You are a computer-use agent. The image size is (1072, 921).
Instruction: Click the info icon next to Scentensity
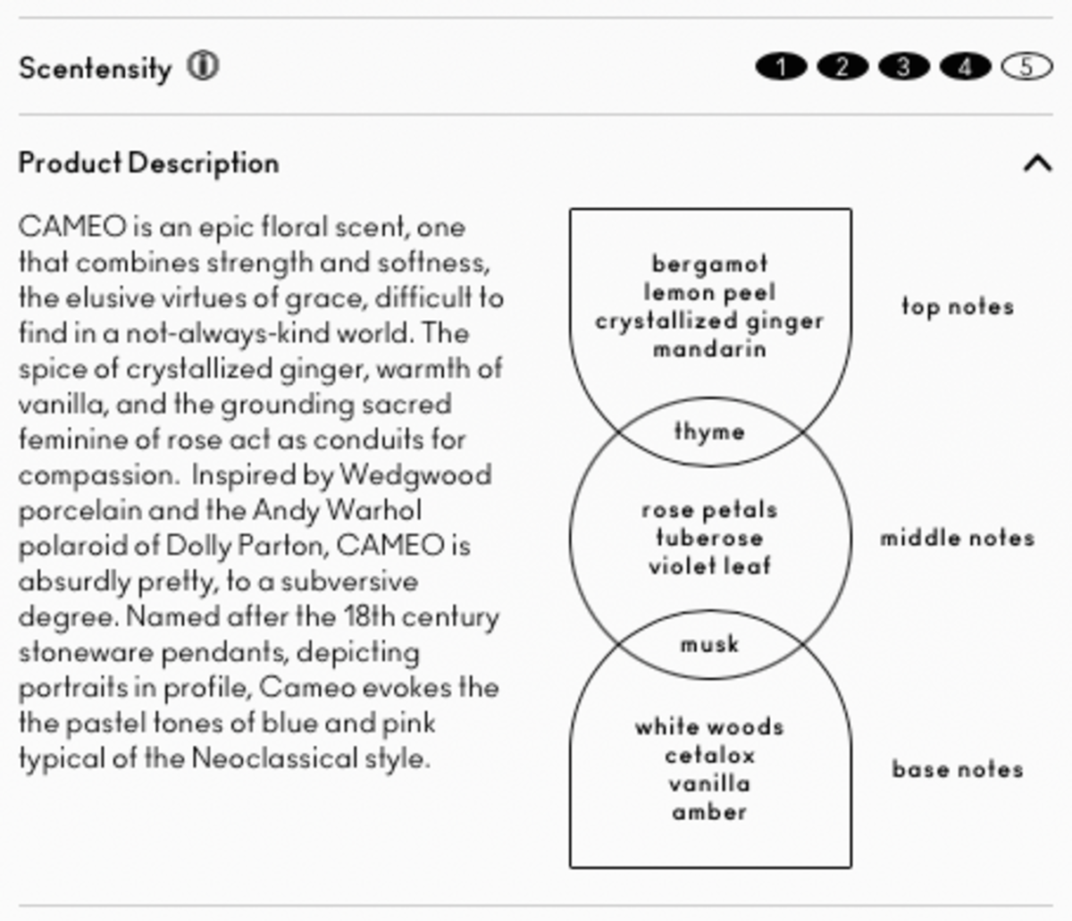click(x=203, y=66)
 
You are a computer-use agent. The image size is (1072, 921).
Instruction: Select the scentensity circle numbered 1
click(x=781, y=67)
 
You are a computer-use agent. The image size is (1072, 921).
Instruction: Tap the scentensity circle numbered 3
click(x=903, y=67)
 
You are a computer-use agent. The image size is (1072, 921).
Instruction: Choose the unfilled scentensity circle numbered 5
click(x=1026, y=67)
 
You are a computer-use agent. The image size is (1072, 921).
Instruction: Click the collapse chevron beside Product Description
click(x=1036, y=163)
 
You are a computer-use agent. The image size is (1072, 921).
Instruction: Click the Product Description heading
click(x=148, y=163)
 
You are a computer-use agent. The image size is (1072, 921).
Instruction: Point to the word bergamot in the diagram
click(x=709, y=264)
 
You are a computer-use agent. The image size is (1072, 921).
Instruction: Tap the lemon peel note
click(x=709, y=293)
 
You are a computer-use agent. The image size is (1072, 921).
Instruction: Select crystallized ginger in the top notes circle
click(x=709, y=322)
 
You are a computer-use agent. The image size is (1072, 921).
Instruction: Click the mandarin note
click(x=709, y=349)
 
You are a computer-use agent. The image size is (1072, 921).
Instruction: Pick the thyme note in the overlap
click(x=709, y=432)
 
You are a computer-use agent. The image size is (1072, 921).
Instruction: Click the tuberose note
click(x=709, y=539)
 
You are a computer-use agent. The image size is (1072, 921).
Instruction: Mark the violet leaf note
click(x=709, y=566)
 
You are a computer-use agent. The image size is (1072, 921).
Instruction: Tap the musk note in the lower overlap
click(x=709, y=644)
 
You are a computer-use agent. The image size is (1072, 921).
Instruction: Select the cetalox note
click(x=709, y=756)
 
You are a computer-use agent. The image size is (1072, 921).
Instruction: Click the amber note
click(x=709, y=812)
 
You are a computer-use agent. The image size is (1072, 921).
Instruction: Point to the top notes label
click(x=957, y=307)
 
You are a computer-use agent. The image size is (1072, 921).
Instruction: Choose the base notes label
click(x=957, y=769)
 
